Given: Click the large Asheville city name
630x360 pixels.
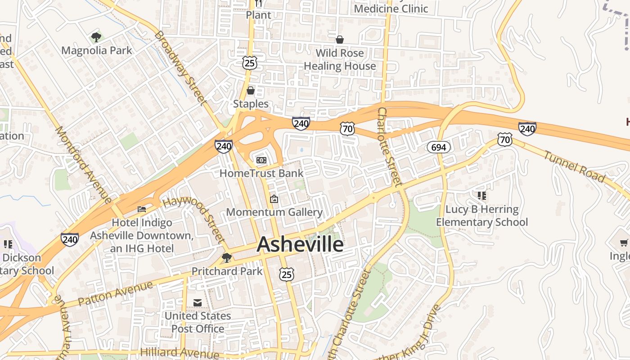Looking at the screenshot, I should (300, 245).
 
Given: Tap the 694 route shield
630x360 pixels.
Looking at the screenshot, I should (439, 147).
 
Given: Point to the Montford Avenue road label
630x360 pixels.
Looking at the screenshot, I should (83, 164).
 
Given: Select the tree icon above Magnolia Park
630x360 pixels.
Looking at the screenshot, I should (96, 37).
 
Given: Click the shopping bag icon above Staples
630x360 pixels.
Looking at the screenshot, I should (251, 90).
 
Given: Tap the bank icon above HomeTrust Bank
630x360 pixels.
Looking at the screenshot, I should (261, 160).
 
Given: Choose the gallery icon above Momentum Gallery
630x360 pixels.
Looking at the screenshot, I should (274, 199).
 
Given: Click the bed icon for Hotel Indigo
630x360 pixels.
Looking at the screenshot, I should (142, 209).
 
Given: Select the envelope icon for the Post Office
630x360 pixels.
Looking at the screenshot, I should (198, 303).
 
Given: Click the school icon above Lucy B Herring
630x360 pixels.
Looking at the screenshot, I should (482, 196).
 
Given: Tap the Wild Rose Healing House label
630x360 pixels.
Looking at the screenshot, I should (340, 59).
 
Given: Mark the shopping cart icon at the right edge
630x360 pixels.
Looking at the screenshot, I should (624, 243).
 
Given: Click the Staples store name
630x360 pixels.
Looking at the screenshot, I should (251, 104).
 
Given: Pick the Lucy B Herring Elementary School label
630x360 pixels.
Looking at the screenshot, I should (482, 216).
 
